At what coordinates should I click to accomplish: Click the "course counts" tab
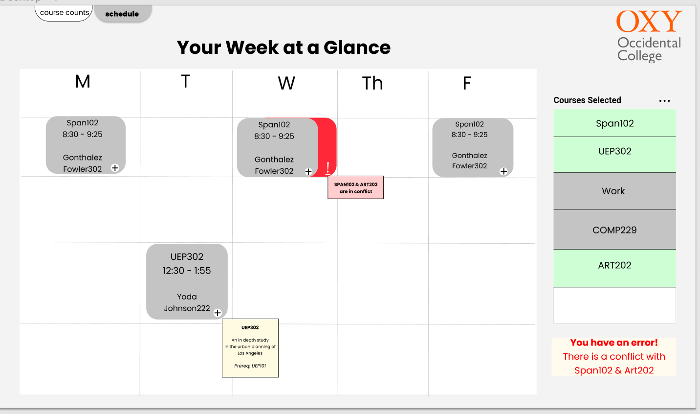pyautogui.click(x=64, y=13)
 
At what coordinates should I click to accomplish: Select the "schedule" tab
pyautogui.click(x=122, y=14)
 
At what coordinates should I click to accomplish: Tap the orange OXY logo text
pyautogui.click(x=649, y=21)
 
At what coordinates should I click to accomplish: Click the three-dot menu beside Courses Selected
pyautogui.click(x=664, y=101)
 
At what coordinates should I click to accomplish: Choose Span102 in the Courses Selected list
pyautogui.click(x=614, y=123)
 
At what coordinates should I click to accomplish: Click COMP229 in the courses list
pyautogui.click(x=614, y=230)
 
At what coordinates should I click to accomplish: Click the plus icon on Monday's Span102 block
pyautogui.click(x=115, y=168)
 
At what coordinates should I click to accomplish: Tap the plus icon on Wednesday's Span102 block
pyautogui.click(x=308, y=171)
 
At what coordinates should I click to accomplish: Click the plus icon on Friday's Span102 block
pyautogui.click(x=503, y=171)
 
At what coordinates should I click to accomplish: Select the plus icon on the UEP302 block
pyautogui.click(x=218, y=313)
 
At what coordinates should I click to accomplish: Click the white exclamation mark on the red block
pyautogui.click(x=328, y=168)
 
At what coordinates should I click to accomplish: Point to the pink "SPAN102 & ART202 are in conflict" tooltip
pyautogui.click(x=356, y=187)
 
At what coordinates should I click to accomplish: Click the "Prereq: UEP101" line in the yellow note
pyautogui.click(x=250, y=366)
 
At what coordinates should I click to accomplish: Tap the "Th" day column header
pyautogui.click(x=372, y=83)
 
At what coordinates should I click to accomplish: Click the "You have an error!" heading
pyautogui.click(x=614, y=343)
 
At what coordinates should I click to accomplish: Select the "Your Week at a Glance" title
pyautogui.click(x=284, y=47)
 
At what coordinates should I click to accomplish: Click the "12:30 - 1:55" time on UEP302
pyautogui.click(x=187, y=271)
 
